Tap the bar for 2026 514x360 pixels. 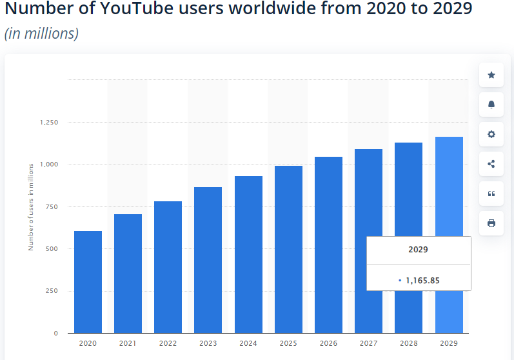[328, 245]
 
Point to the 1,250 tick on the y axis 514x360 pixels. [49, 123]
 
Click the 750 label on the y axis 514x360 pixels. [52, 206]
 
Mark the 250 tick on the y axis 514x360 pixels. [52, 291]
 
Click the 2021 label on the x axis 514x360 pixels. [128, 343]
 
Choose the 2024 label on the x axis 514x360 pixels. [248, 343]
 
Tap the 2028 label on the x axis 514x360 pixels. [409, 343]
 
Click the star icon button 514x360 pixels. [491, 75]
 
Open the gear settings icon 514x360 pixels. [491, 134]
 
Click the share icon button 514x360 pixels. [491, 164]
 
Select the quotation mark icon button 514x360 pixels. [491, 194]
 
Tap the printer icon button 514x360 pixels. [491, 223]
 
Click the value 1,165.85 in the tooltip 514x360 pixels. [422, 281]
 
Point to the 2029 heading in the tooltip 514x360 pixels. [419, 249]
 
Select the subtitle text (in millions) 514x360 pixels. [41, 34]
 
